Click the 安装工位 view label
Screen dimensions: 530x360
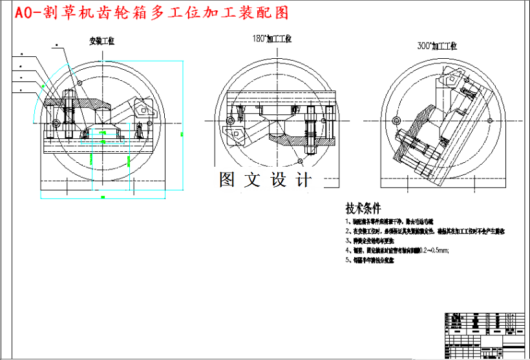coord(101,41)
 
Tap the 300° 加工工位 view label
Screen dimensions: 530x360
coord(438,46)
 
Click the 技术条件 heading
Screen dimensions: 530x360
coord(363,209)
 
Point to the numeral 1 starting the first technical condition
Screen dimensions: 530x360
coord(348,220)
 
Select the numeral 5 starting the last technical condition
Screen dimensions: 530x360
coord(348,260)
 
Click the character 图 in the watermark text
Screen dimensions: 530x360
coord(227,180)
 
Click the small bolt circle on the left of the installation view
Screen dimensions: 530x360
coord(57,123)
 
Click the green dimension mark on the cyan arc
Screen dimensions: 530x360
coord(43,85)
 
